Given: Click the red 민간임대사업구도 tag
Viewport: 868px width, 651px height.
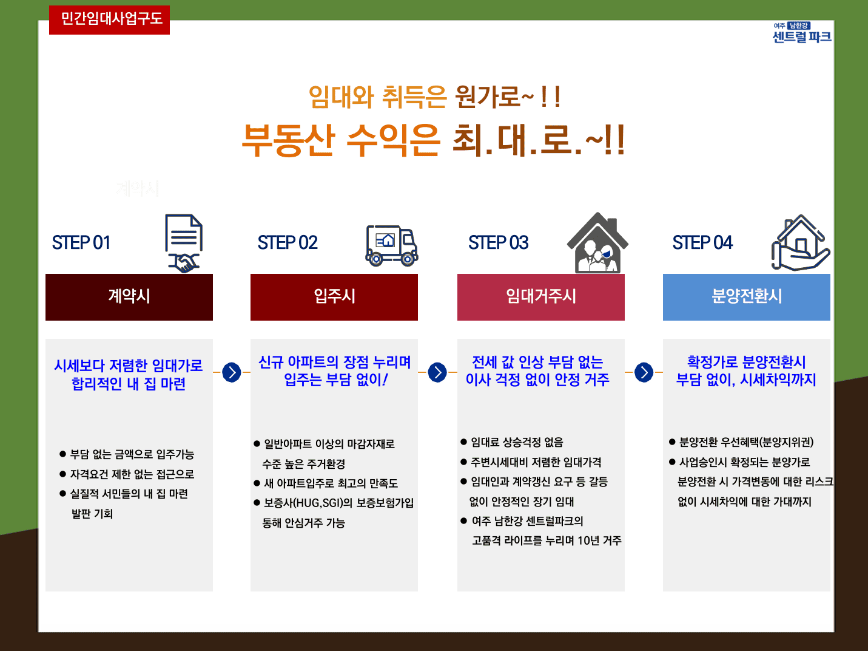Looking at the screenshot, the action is click(x=109, y=20).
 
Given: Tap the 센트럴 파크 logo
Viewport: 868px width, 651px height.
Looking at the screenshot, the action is click(x=801, y=32).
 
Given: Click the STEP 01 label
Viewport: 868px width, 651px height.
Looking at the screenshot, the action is click(x=81, y=242).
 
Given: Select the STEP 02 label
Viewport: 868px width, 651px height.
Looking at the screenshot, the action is click(x=288, y=242).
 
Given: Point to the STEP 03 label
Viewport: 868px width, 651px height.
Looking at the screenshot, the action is click(x=498, y=242).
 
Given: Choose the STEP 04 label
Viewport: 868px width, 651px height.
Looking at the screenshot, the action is click(x=702, y=242).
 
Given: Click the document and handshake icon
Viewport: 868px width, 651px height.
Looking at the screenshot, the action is click(x=184, y=244).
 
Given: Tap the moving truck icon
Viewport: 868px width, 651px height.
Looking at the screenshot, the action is click(x=391, y=245).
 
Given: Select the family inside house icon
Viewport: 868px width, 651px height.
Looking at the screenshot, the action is click(x=597, y=242).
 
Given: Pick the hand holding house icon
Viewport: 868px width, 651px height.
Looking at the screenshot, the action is click(x=801, y=243).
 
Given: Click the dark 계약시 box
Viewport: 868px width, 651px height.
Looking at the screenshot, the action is click(x=129, y=297).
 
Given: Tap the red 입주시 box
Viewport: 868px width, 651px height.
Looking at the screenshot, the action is click(x=334, y=297).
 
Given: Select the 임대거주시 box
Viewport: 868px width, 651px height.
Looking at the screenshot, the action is click(x=541, y=297).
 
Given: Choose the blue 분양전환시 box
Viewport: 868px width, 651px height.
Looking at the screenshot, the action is click(x=747, y=297).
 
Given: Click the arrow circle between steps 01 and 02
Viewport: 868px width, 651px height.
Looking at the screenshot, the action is click(x=232, y=372).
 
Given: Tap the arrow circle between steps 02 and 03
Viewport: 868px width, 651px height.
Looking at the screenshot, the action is click(x=437, y=372).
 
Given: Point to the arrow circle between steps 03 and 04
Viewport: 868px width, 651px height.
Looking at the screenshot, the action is click(x=644, y=372).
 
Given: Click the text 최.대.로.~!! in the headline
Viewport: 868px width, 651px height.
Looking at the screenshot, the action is click(x=538, y=140).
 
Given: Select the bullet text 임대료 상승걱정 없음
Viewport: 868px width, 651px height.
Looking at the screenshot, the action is click(x=517, y=442).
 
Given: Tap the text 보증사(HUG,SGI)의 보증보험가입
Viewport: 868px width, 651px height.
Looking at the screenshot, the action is click(x=339, y=503).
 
